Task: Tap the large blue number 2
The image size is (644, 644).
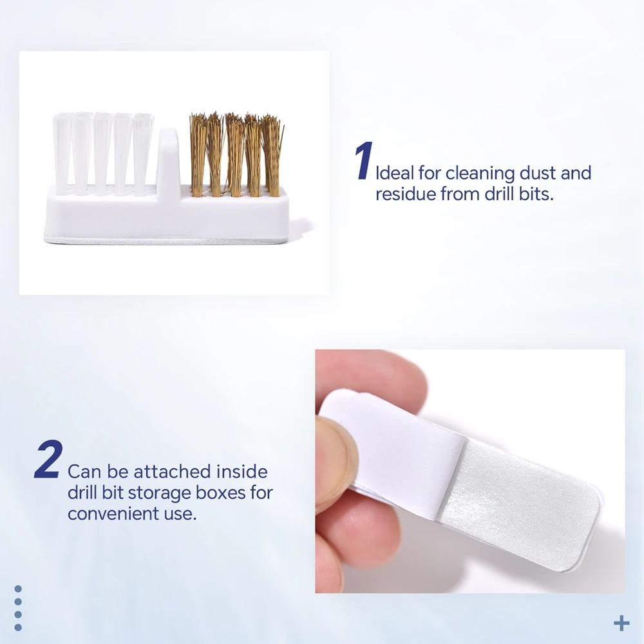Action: point(49,459)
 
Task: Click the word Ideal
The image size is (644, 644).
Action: point(395,173)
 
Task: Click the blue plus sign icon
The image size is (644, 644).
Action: point(621,623)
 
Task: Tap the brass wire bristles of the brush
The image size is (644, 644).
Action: point(236,155)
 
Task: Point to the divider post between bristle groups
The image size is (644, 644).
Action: point(168,161)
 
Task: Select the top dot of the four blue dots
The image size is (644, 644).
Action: point(18,589)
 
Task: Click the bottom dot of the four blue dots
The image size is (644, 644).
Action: point(18,627)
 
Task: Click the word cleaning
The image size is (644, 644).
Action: point(479,173)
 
